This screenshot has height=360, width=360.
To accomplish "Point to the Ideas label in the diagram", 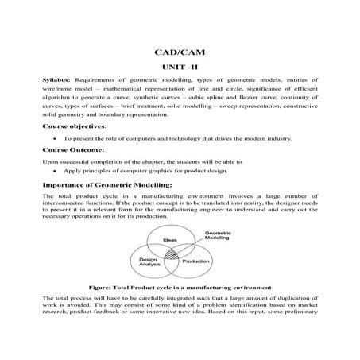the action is (169, 238).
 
